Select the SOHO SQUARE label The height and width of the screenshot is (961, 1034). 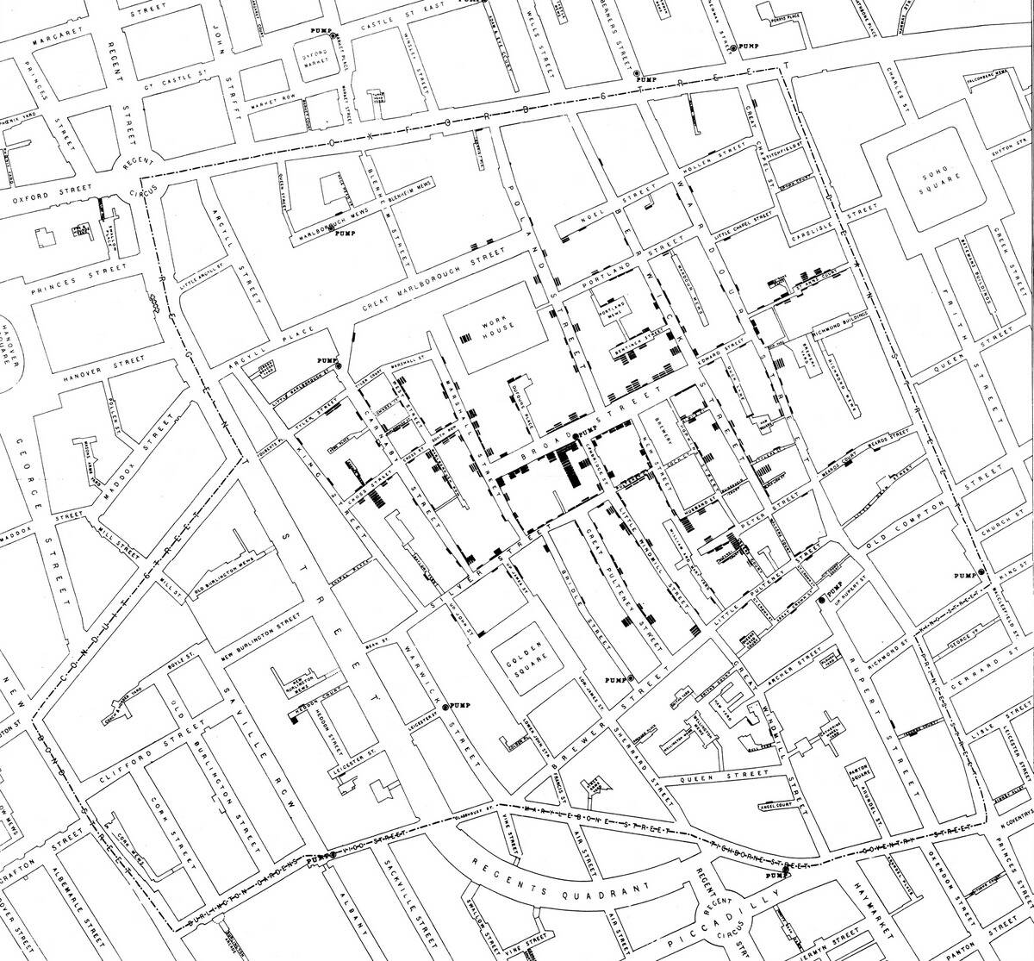coord(932,185)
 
